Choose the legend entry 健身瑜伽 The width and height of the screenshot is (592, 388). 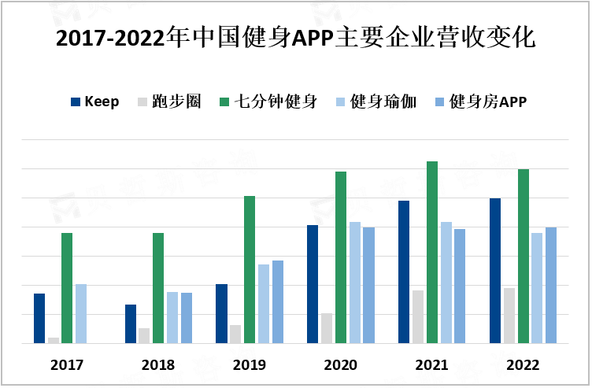pyautogui.click(x=376, y=102)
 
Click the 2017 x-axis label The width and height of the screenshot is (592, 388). pyautogui.click(x=67, y=365)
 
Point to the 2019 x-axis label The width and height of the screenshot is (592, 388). pyautogui.click(x=249, y=365)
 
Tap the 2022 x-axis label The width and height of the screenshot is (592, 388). pyautogui.click(x=523, y=365)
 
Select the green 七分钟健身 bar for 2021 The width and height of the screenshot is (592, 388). pyautogui.click(x=432, y=252)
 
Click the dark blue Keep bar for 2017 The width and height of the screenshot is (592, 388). pyautogui.click(x=39, y=318)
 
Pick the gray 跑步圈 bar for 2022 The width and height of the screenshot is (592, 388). pyautogui.click(x=509, y=316)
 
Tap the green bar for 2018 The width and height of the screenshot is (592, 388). pyautogui.click(x=158, y=288)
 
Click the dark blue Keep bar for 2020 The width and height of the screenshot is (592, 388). pyautogui.click(x=313, y=284)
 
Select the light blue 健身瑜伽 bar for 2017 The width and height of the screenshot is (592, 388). pyautogui.click(x=81, y=313)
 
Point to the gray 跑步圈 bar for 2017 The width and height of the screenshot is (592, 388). pyautogui.click(x=54, y=340)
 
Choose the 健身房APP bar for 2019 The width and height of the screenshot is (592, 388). pyautogui.click(x=278, y=301)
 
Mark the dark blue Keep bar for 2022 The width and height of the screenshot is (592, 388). pyautogui.click(x=495, y=271)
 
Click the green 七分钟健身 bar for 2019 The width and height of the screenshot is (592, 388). pyautogui.click(x=250, y=269)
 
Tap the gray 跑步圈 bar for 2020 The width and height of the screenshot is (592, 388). pyautogui.click(x=327, y=328)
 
